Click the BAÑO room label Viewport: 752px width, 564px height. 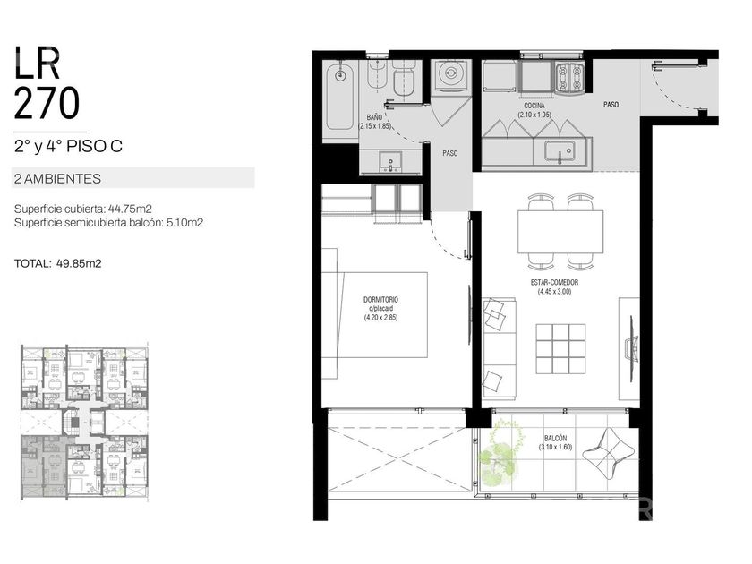(x=374, y=117)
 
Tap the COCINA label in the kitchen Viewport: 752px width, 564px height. (x=534, y=106)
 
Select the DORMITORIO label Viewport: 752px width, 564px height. (x=380, y=300)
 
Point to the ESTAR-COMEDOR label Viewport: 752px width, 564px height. (x=554, y=283)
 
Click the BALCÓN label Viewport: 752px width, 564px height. (x=555, y=439)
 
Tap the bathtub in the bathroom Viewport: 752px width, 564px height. (x=339, y=98)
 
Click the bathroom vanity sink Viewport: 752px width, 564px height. (x=390, y=160)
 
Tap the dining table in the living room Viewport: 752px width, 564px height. (x=560, y=232)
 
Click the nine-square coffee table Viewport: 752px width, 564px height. (x=560, y=348)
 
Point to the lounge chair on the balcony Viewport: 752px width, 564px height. (x=609, y=453)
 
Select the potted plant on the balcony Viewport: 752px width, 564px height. (x=501, y=452)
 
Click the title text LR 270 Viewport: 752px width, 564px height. (x=47, y=82)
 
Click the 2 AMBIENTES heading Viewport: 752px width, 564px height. (x=57, y=179)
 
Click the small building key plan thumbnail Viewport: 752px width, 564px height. (x=84, y=423)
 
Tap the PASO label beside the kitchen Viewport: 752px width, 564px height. (x=611, y=105)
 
